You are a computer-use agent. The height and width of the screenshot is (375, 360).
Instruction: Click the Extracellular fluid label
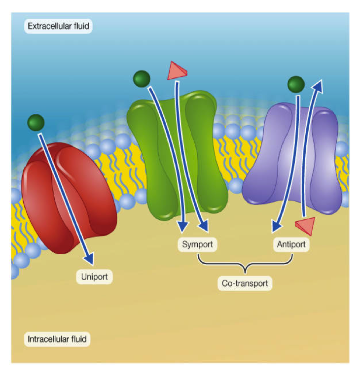click(x=58, y=26)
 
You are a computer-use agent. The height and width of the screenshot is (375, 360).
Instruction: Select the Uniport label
click(x=95, y=276)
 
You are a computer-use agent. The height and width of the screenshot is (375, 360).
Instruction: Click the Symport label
click(x=197, y=244)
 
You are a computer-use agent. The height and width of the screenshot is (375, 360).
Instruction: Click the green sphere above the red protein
click(x=36, y=122)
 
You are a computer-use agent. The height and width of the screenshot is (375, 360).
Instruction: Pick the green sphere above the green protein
click(x=142, y=79)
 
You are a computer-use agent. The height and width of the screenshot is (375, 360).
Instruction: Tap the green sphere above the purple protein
click(x=296, y=84)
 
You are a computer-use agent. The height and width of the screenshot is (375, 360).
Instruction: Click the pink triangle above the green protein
click(x=177, y=70)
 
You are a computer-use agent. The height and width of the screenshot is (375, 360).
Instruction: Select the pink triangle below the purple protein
click(x=305, y=226)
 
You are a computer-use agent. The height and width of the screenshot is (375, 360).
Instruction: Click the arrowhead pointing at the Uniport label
click(x=89, y=258)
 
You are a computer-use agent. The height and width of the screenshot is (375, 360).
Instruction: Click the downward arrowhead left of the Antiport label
click(x=276, y=227)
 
